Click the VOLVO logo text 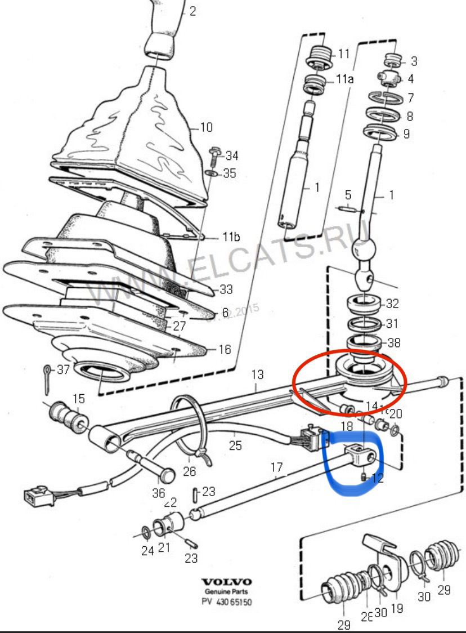pos(227,582)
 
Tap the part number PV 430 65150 pos(227,602)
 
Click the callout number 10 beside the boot pos(206,127)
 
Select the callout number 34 pos(231,155)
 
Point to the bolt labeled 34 pos(214,153)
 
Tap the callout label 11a pos(345,79)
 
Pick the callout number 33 pos(226,290)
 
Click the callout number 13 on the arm pos(257,374)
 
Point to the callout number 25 pos(235,445)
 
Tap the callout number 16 pos(225,350)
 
